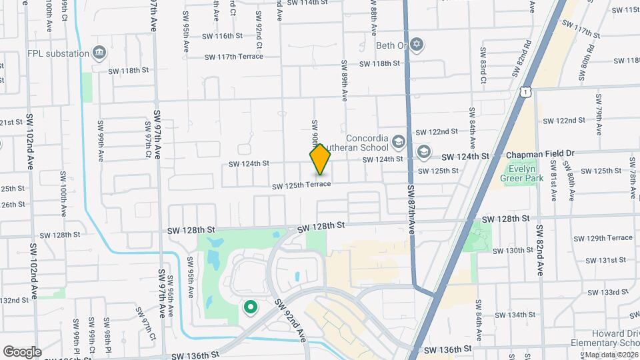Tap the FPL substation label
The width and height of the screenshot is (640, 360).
[58, 53]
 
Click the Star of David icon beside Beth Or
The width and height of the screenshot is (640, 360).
[417, 45]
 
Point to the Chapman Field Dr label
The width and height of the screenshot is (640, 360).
[540, 154]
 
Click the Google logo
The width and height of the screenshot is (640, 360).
[22, 351]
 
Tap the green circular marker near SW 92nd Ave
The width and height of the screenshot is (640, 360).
[251, 307]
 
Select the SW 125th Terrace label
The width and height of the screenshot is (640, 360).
[301, 184]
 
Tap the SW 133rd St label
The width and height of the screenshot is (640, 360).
[608, 293]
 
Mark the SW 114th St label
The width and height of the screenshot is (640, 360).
[307, 3]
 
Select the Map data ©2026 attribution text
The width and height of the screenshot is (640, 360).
[611, 355]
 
